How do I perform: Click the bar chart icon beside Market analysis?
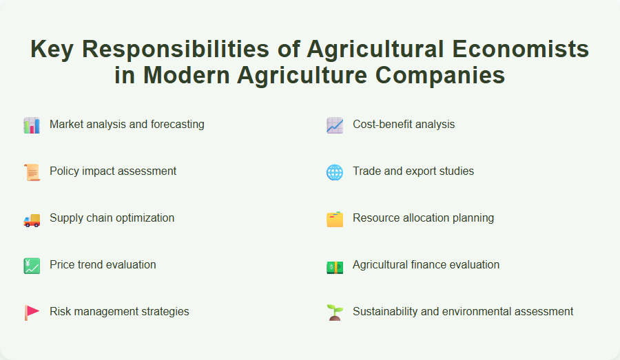(32, 125)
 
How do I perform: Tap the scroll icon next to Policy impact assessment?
(32, 171)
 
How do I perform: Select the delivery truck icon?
(32, 218)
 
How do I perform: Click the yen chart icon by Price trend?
(32, 265)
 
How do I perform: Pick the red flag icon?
(32, 312)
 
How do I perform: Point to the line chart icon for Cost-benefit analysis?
(335, 125)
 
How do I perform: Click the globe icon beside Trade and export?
(335, 171)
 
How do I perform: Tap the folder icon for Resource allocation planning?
(335, 218)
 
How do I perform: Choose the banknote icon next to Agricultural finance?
(335, 265)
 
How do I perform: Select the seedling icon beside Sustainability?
(335, 312)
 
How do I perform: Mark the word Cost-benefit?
(384, 125)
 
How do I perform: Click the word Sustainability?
(386, 312)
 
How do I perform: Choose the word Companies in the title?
(444, 75)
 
